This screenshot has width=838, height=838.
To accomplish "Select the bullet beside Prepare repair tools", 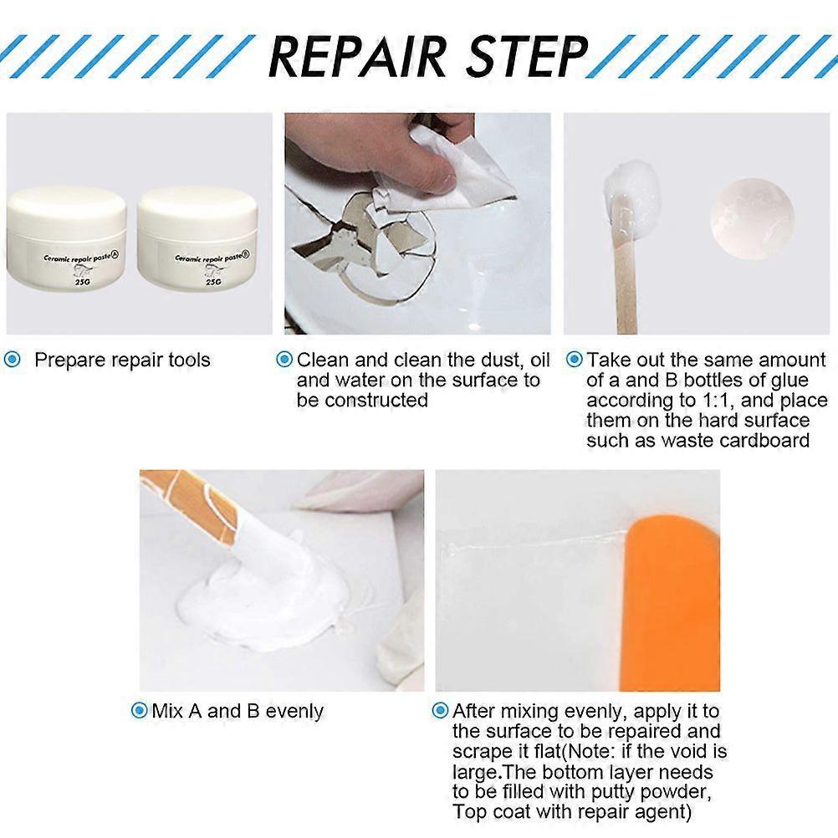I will (x=13, y=360).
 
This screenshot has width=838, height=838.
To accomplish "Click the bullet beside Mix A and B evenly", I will (x=139, y=712).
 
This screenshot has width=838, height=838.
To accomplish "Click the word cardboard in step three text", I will (x=769, y=441).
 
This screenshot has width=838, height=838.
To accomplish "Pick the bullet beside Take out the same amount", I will (x=574, y=360).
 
